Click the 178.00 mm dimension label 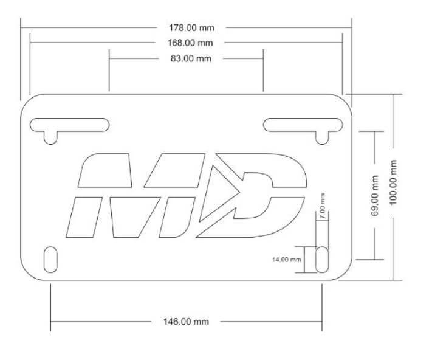coord(191,27)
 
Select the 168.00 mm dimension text coord(190,43)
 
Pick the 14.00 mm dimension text coord(287,260)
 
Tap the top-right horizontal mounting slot coord(303,125)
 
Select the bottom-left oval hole coord(50,260)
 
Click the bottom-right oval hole coord(322,260)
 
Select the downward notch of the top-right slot coord(322,137)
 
